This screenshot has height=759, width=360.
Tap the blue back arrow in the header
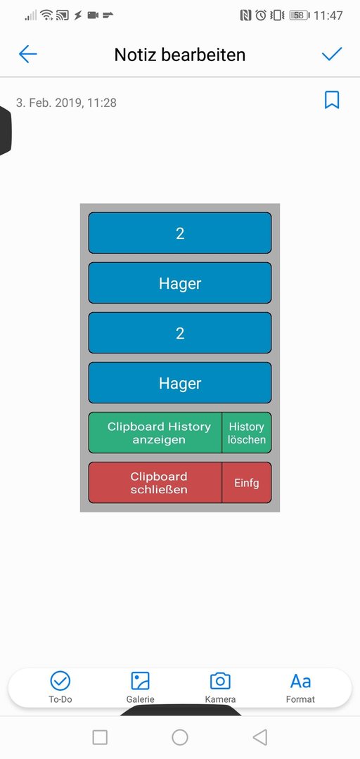point(27,54)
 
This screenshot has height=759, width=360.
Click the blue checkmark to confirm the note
point(332,53)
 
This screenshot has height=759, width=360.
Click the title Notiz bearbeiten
point(180,55)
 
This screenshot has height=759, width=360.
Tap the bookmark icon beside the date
point(332,100)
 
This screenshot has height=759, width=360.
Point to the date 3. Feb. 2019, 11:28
point(66,103)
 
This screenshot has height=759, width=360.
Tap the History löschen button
point(247,433)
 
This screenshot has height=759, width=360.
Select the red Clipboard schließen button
point(155,483)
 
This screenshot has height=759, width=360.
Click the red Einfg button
point(247,483)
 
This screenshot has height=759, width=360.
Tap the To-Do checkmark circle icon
point(60,681)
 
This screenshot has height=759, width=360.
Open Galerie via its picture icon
point(140,681)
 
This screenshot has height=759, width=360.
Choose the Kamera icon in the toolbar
point(220,681)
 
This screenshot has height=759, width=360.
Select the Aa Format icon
point(300,682)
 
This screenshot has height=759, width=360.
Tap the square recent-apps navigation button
point(100,737)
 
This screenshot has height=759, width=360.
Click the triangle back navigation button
point(260,737)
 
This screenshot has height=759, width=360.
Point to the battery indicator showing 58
point(300,15)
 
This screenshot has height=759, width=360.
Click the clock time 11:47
point(328,15)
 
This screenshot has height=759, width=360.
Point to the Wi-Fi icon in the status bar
point(47,15)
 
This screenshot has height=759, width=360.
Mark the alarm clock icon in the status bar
point(261,15)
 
